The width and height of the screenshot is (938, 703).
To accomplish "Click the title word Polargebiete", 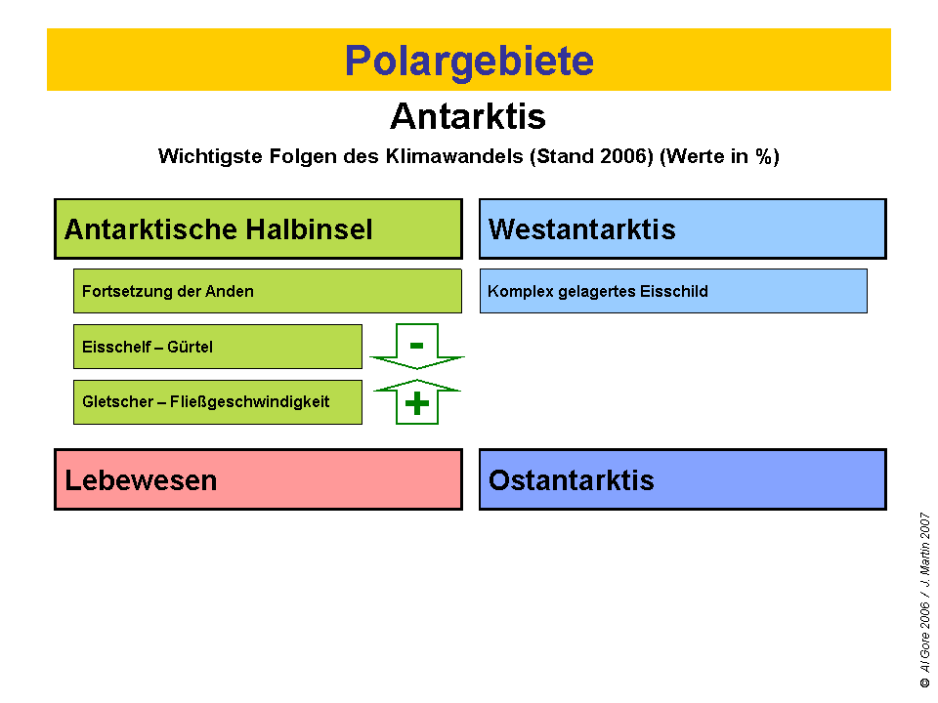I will click(x=469, y=61).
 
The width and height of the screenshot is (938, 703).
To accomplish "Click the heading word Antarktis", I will click(x=468, y=116).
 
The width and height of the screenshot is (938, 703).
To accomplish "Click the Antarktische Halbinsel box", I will click(x=258, y=229).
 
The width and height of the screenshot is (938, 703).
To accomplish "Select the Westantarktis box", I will click(x=682, y=229).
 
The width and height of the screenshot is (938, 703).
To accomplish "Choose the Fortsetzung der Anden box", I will click(x=267, y=291).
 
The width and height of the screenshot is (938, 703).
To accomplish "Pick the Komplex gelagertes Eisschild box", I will click(x=673, y=291).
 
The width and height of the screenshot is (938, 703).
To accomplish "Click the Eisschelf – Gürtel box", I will click(x=217, y=347).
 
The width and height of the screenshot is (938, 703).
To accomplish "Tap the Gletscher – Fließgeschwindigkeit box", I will click(x=217, y=402).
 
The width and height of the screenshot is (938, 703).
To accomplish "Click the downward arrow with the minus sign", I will click(x=417, y=347).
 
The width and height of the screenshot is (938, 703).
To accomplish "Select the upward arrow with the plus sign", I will click(x=417, y=402).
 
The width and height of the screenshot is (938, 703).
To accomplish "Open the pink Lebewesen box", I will click(x=258, y=479).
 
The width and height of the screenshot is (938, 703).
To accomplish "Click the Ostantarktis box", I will click(x=682, y=479).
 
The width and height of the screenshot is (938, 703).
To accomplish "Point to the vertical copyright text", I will click(x=924, y=600).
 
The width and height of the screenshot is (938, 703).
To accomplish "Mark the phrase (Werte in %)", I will click(x=720, y=156).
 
